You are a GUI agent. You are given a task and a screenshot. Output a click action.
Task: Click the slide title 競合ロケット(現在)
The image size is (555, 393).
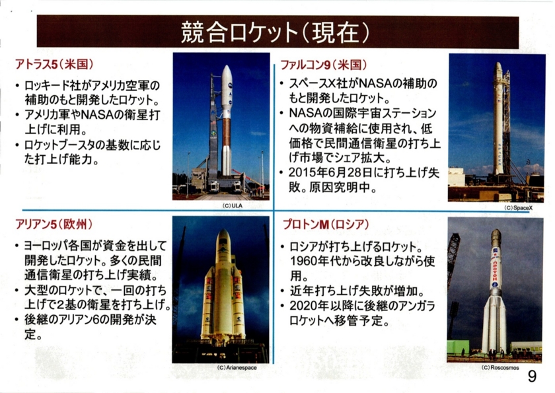275,32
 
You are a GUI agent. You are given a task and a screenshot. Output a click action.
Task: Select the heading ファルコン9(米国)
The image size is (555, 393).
324,65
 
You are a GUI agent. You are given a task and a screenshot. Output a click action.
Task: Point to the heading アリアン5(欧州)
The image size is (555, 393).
54,225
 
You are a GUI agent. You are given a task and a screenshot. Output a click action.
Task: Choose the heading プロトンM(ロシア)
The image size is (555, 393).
326,225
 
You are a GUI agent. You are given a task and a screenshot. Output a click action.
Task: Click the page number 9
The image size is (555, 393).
532,376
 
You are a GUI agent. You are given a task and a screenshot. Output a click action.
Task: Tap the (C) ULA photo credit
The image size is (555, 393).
232,205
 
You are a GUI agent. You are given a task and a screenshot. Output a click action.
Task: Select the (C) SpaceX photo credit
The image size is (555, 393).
518,208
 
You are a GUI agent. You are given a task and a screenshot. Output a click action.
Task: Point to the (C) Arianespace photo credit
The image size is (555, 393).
237,367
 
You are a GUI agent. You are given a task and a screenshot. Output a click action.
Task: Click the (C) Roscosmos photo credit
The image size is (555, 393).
500,367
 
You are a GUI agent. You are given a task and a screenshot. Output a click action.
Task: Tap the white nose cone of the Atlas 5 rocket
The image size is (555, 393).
227,76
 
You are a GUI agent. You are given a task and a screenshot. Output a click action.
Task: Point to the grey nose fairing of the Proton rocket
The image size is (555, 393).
496,238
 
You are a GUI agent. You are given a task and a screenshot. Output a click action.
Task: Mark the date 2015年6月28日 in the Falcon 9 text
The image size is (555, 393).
330,172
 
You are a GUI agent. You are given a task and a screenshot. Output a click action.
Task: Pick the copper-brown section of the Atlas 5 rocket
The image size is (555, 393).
227,131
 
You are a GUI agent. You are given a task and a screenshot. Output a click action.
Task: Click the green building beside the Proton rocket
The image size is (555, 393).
458,347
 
